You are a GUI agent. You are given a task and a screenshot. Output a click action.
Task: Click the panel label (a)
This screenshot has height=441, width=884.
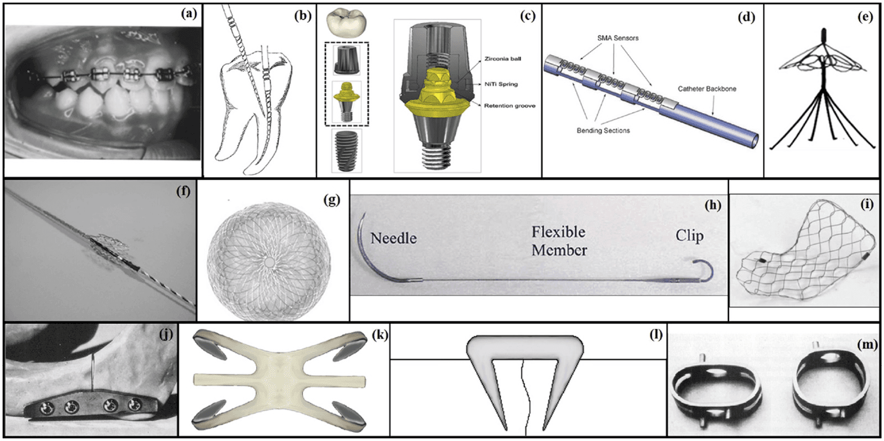coord(189,14)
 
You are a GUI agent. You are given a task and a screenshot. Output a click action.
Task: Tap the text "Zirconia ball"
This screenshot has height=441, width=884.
coord(502,59)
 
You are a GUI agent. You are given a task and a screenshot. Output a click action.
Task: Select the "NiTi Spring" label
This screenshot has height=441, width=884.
coord(501,84)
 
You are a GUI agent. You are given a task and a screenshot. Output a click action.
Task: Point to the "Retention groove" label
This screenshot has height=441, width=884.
coord(509,106)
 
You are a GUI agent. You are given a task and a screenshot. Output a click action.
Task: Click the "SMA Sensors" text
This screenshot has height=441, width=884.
coord(617,38)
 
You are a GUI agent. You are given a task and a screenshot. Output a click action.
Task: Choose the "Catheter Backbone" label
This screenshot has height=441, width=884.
coord(706,88)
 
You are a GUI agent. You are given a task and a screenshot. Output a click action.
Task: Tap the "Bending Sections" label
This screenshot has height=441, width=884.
coord(603,130)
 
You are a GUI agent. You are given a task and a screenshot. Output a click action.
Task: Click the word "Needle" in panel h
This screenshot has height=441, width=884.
coord(393,238)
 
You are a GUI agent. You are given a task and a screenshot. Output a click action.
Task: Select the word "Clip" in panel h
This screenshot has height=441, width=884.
coord(689,236)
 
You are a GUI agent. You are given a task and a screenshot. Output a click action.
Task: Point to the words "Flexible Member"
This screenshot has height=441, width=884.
coord(559,241)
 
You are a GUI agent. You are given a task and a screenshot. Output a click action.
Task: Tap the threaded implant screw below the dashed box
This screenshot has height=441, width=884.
coord(347,151)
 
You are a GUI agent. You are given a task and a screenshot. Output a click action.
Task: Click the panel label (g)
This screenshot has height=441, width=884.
coord(331,200)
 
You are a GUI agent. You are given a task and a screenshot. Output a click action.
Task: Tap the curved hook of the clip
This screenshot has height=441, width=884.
coord(704,270)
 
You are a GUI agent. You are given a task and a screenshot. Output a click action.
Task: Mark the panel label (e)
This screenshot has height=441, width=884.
coord(865,17)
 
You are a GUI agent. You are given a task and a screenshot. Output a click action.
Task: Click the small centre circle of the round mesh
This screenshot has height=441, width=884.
coord(269,261)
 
